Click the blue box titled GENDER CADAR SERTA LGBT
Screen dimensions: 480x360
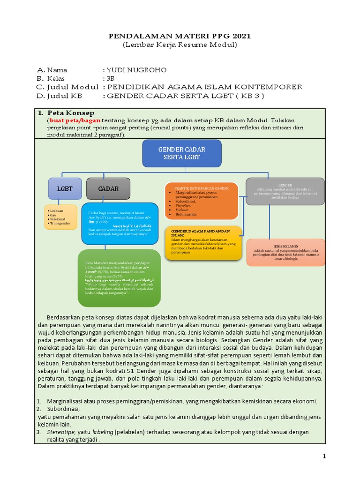[182, 153]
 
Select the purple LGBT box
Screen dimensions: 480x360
[65, 189]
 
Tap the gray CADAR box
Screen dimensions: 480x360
[108, 189]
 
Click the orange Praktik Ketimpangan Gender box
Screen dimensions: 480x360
[201, 201]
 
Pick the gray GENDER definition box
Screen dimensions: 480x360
[285, 191]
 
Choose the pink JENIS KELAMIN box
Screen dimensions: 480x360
[285, 252]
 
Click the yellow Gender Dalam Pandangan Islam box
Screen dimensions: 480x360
[203, 243]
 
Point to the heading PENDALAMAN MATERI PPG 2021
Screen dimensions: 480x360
[180, 36]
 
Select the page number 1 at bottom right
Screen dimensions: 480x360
[323, 456]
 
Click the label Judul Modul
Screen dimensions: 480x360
[73, 87]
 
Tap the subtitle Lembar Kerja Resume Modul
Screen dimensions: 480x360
[180, 45]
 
